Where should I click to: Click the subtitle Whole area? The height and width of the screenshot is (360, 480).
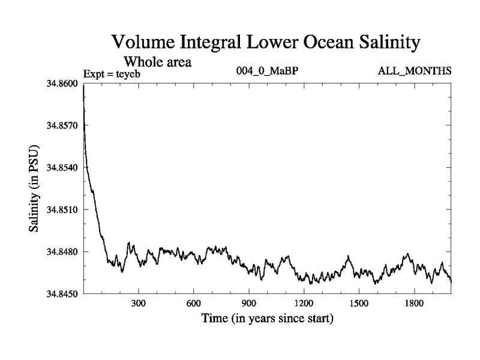(x=157, y=61)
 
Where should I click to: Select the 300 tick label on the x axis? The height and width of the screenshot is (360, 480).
(x=139, y=304)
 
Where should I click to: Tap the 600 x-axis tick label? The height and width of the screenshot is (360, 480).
(x=193, y=304)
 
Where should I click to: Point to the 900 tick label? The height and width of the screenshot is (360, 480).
(x=248, y=304)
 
